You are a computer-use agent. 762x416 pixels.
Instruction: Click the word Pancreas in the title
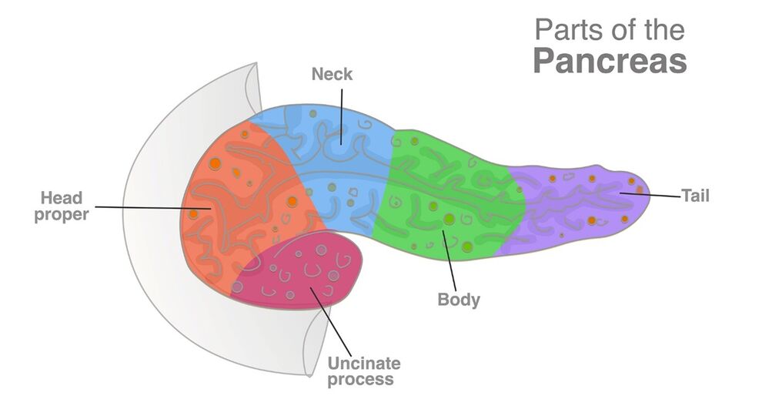[x=609, y=61]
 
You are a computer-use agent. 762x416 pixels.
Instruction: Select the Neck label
[x=332, y=74]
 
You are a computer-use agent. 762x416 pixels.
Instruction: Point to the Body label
[x=459, y=299]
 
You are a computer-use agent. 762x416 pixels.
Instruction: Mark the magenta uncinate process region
[x=300, y=273]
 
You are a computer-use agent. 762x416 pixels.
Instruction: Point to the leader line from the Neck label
[x=340, y=116]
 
